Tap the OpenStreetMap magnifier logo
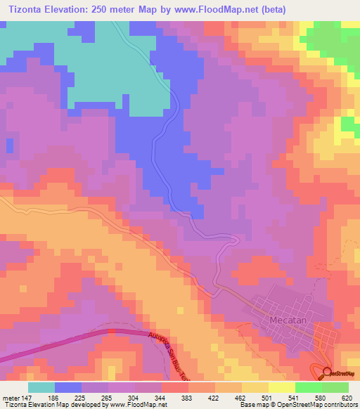328,372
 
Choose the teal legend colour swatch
41,387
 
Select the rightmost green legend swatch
335,387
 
